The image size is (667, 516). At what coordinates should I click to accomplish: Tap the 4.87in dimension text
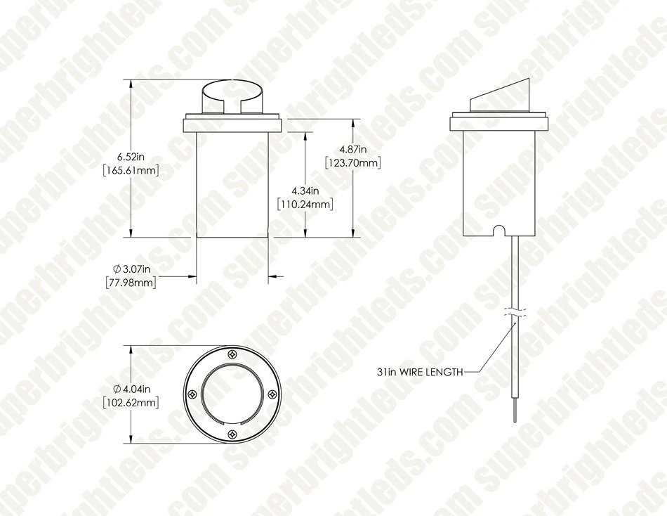[353, 150]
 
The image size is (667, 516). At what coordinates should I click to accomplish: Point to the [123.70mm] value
[353, 163]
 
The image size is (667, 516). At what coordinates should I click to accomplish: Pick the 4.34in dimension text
[305, 191]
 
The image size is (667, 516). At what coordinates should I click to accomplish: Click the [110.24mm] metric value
[305, 204]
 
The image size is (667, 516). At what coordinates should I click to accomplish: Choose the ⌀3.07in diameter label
[133, 269]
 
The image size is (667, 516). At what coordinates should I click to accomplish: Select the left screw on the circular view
[191, 394]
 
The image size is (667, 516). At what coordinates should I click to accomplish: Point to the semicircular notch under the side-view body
[499, 231]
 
